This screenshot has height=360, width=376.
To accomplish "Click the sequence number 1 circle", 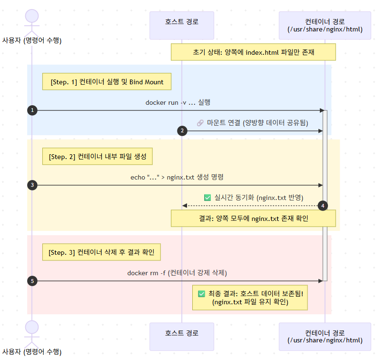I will point(32,110).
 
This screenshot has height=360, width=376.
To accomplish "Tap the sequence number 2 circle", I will point(182,131).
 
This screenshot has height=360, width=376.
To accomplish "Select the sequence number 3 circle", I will point(32,185).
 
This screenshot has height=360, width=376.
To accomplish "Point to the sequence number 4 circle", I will point(323,206).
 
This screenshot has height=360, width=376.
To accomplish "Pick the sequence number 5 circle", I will point(32,281).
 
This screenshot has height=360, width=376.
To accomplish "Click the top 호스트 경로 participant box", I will point(181,25).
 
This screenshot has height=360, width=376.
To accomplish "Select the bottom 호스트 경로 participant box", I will point(181,337).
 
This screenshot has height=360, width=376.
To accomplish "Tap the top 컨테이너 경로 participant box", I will point(325,25).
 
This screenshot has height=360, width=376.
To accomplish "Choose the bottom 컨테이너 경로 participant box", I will point(325,337).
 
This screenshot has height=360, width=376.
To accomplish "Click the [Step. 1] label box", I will point(107,82).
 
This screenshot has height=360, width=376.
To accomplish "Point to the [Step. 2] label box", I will point(98,157).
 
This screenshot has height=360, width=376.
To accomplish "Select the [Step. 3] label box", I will point(101,252).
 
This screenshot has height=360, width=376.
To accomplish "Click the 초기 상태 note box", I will point(253,52).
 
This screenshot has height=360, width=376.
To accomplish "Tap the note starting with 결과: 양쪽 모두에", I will point(253,219).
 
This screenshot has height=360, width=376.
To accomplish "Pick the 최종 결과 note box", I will point(250,298).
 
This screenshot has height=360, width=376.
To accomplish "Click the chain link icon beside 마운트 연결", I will point(200,122).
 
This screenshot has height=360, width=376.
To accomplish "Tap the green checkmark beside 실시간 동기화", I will point(207,197).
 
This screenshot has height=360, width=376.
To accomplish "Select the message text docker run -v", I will point(178,102).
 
